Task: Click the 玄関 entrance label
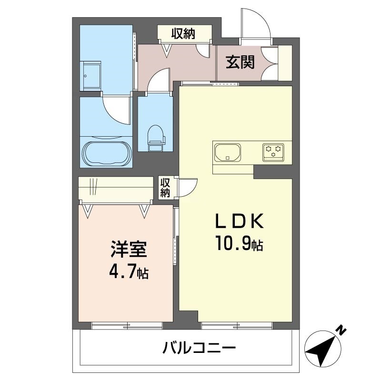[240, 62]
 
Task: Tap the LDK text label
[240, 221]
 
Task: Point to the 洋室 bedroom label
[129, 249]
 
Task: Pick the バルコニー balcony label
[199, 348]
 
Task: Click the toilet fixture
[156, 138]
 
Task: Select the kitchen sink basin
[228, 152]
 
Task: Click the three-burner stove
[273, 152]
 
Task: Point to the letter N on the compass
[341, 331]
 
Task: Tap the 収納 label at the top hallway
[183, 33]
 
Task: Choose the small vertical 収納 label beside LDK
[165, 187]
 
